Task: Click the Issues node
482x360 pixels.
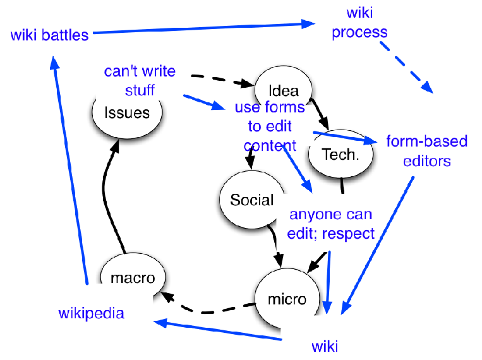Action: coord(127,112)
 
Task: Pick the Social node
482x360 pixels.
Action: coord(251,200)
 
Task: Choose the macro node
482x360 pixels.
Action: coord(133,277)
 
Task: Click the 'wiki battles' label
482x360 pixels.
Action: coord(49,35)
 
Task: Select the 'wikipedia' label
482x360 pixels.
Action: coord(91,313)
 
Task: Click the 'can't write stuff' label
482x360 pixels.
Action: coord(140,80)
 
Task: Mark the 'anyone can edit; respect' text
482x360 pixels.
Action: coord(331,224)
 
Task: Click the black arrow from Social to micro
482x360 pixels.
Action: coord(276,243)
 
